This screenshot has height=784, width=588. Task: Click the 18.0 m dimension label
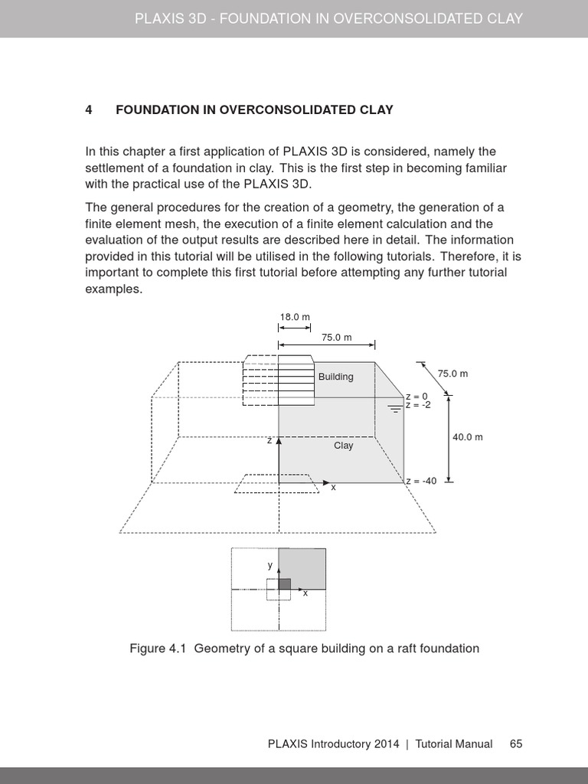tap(294, 317)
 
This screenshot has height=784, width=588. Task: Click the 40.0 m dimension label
tap(467, 437)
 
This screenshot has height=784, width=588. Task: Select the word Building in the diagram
tap(336, 377)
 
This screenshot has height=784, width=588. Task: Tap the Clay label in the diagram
tap(344, 446)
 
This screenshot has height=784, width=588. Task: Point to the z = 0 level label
tap(416, 397)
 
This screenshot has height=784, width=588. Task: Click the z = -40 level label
tap(421, 481)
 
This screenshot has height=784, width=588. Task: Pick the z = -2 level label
tap(418, 405)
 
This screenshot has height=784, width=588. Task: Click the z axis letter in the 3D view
tap(269, 441)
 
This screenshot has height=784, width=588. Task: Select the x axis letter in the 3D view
tap(333, 488)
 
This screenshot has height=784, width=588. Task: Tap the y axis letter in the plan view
tap(269, 565)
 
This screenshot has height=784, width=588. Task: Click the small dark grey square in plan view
tap(284, 583)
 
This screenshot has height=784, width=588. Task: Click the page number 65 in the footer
tap(516, 744)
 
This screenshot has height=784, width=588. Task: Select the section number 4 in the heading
tap(89, 109)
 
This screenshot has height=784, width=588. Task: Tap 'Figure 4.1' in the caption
tap(158, 648)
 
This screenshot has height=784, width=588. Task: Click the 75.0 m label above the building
tap(336, 337)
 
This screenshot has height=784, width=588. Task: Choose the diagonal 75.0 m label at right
tap(452, 374)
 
